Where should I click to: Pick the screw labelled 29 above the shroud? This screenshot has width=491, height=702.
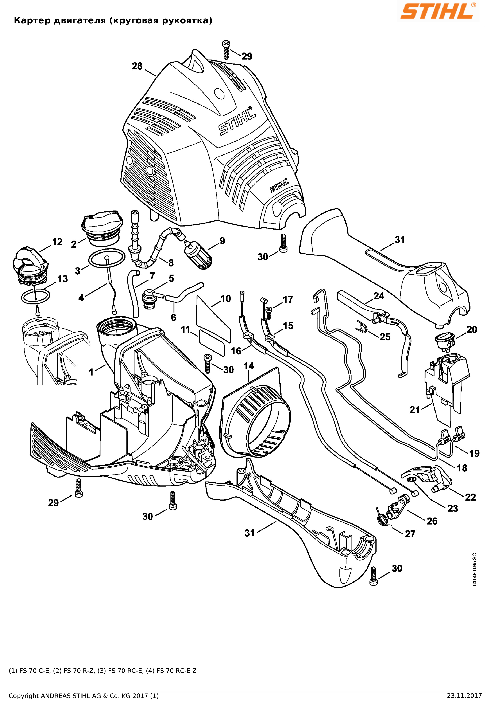226,50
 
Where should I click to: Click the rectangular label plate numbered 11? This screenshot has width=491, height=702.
212,342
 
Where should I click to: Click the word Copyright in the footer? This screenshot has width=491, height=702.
24,696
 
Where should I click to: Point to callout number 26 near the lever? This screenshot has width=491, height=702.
432,521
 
